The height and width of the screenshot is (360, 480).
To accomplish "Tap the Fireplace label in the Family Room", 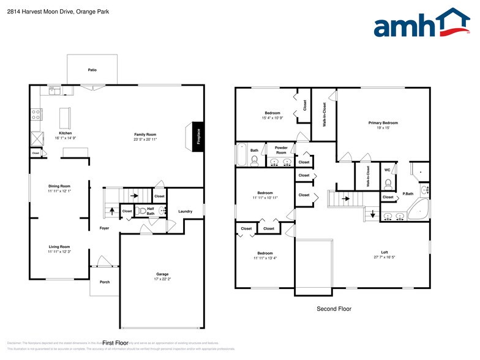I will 198,135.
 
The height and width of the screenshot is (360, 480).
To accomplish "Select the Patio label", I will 92,70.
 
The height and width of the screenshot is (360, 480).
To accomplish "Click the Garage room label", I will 162,274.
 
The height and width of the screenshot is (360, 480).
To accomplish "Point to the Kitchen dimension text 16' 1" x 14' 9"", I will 66,138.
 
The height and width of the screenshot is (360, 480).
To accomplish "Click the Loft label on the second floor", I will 384,252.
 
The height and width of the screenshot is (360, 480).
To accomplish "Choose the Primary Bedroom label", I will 383,122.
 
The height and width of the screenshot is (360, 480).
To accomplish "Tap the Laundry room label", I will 185,212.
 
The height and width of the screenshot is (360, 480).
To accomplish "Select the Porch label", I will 105,282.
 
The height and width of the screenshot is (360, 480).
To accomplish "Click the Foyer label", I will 104,228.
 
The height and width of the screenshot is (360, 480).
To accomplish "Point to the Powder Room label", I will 281,150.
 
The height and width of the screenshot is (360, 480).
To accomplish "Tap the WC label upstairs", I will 387,170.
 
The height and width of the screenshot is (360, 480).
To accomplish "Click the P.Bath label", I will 408,194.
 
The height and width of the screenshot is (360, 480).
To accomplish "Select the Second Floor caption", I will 334,309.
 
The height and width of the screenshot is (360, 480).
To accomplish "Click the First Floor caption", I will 114,343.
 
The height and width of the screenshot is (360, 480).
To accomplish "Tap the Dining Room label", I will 60,186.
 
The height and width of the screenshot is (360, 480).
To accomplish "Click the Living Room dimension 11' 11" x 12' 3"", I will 60,252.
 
